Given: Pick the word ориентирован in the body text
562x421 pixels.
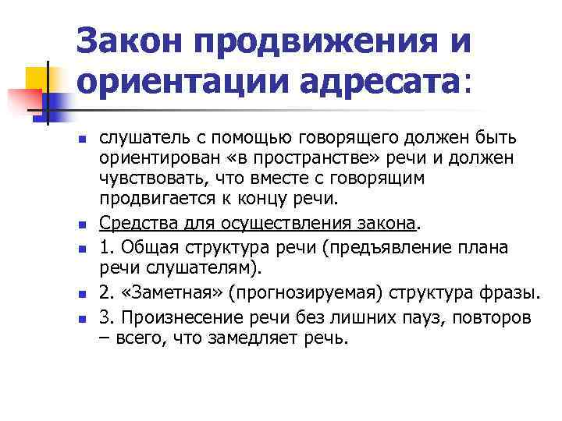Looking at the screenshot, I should tap(150, 159).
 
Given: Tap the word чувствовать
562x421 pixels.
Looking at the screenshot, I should tap(147, 179).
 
